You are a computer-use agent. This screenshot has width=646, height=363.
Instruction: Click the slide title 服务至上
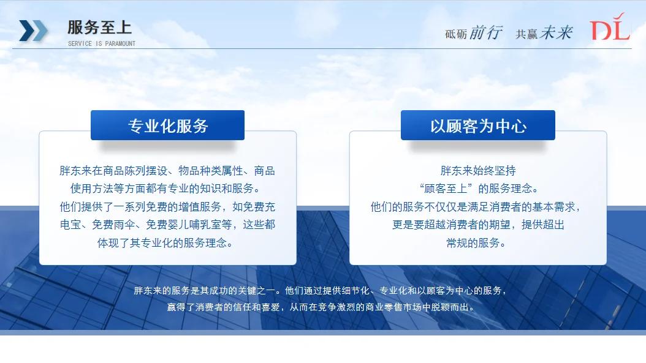pos(99,28)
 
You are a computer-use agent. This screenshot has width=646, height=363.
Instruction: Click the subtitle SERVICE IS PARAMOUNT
pos(102,44)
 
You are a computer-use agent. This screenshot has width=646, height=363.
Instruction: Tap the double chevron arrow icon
pos(33,30)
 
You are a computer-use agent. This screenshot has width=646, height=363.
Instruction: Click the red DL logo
pos(610,29)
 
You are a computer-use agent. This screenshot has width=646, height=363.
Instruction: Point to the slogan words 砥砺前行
pos(474,33)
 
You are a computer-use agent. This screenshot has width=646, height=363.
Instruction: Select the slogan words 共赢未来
pos(544,33)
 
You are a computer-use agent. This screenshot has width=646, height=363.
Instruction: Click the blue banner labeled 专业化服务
pos(167,125)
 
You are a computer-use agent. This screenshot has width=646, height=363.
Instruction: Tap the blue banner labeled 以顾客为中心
pos(478,125)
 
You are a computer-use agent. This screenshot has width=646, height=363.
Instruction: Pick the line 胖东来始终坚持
pos(478,170)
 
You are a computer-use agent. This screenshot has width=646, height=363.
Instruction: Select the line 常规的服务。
pos(478,243)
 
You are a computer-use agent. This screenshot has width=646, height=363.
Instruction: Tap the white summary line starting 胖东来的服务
pos(321,290)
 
